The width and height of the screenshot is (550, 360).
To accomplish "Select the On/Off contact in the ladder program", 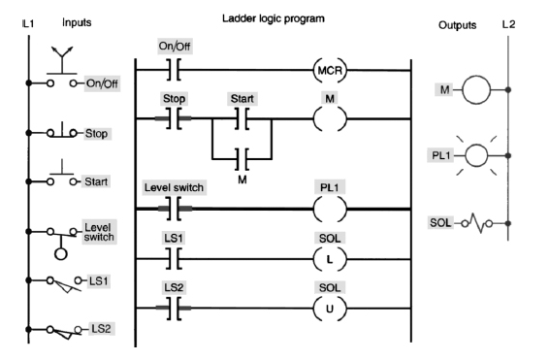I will (175, 71).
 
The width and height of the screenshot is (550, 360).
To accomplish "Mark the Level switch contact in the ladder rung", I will (175, 208).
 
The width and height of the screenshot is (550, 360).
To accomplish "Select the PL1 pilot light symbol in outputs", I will (472, 153).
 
